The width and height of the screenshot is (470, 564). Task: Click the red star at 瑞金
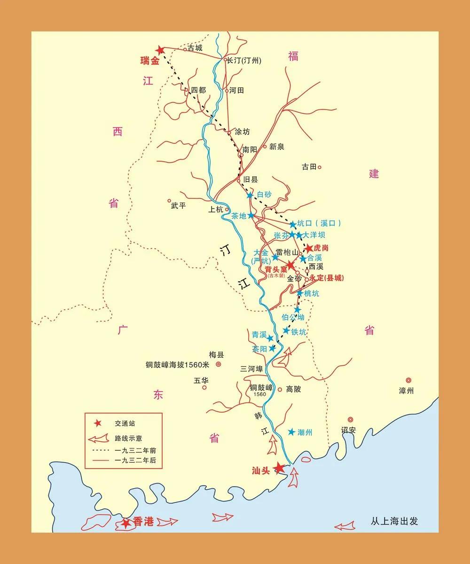tap(160, 49)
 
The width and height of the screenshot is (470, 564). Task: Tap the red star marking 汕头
tap(280, 468)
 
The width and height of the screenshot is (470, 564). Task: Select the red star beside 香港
tap(125, 523)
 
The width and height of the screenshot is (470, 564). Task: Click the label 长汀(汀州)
tap(244, 60)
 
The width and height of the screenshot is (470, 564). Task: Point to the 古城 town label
tap(195, 48)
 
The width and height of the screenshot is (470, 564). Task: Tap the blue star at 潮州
tap(292, 432)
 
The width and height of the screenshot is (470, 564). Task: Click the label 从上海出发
tap(394, 521)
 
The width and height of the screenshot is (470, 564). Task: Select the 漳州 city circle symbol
tap(408, 380)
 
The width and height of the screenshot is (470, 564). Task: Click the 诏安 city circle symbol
tap(350, 420)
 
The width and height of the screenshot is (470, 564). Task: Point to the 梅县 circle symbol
tap(219, 364)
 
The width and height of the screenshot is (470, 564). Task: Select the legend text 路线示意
tap(128, 438)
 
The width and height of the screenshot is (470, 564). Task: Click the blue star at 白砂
tap(250, 195)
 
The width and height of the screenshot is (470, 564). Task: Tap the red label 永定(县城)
tap(327, 278)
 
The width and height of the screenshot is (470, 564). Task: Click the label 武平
tap(179, 205)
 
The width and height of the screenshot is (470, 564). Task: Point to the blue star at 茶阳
tap(272, 348)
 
